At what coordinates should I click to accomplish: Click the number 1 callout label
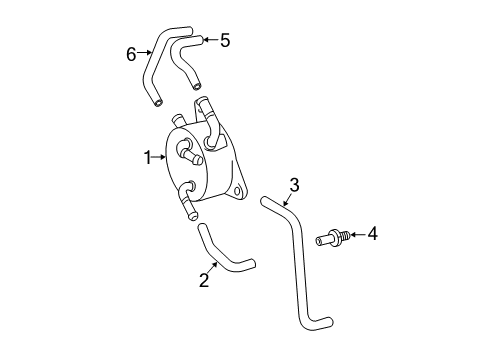[147, 157]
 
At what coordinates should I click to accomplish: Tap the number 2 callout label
[204, 280]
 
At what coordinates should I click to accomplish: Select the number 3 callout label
[294, 184]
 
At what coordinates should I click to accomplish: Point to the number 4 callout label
[372, 234]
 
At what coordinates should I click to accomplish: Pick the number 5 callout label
[225, 40]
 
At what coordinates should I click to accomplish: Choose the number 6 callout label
[131, 54]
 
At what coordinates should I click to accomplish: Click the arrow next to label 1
[158, 157]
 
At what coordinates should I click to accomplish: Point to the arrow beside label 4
[356, 236]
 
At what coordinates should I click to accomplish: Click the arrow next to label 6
[144, 54]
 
